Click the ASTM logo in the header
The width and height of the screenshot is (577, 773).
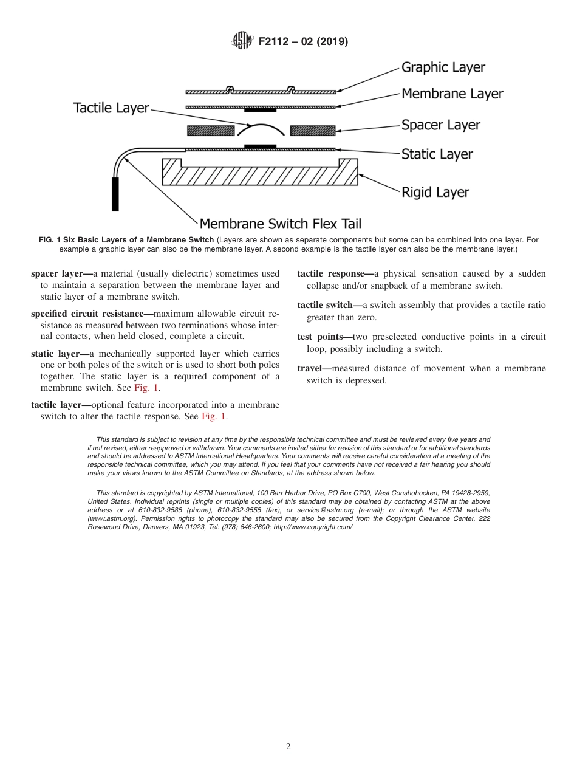[242, 41]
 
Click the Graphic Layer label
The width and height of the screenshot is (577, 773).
[443, 67]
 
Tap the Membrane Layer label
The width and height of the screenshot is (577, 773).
[452, 94]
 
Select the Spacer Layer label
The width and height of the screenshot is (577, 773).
[440, 125]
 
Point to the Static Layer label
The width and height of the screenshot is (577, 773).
[437, 154]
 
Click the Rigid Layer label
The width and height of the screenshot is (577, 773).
[435, 193]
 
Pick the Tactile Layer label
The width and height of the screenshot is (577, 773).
[111, 108]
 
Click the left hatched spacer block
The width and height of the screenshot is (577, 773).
[211, 131]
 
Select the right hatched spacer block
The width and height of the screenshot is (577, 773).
[313, 131]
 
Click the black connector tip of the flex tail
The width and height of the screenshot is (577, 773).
[115, 194]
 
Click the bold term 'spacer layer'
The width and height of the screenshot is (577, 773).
[57, 273]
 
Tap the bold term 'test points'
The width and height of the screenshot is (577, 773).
[321, 337]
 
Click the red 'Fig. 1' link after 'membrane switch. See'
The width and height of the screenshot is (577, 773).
[146, 388]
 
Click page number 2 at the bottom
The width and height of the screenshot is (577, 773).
[288, 747]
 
